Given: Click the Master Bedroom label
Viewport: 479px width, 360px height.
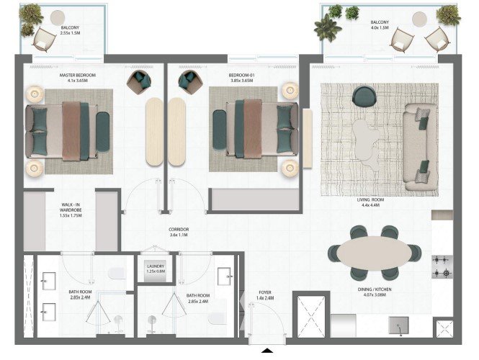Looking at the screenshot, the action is pyautogui.click(x=77, y=75).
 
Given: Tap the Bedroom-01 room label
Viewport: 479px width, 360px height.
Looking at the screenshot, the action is pyautogui.click(x=241, y=75).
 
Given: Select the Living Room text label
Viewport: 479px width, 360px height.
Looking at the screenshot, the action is pyautogui.click(x=370, y=199).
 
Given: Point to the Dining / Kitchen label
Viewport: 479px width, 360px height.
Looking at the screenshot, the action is pyautogui.click(x=375, y=289).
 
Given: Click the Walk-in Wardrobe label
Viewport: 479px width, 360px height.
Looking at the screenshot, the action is pyautogui.click(x=71, y=207).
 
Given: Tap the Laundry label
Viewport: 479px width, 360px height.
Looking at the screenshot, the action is pyautogui.click(x=156, y=266).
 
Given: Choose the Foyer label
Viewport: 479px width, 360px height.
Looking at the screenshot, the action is pyautogui.click(x=265, y=292).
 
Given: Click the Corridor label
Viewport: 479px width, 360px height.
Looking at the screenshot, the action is pyautogui.click(x=179, y=229).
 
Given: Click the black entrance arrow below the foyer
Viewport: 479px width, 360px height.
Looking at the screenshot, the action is pyautogui.click(x=267, y=351).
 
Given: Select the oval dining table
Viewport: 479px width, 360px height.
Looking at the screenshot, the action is pyautogui.click(x=375, y=253).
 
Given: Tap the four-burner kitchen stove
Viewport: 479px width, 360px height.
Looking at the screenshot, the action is pyautogui.click(x=442, y=267).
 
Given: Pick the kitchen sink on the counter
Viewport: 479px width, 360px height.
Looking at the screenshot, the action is pyautogui.click(x=398, y=325).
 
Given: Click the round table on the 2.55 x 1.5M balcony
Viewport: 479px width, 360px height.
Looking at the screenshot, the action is pyautogui.click(x=58, y=18).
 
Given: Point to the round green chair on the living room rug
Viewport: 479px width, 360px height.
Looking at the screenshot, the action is pyautogui.click(x=364, y=96).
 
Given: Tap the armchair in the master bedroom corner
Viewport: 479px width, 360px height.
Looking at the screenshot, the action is pyautogui.click(x=139, y=82).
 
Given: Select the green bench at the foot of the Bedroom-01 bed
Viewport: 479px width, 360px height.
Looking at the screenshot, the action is pyautogui.click(x=220, y=130).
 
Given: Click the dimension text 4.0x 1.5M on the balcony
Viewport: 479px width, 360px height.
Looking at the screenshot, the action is pyautogui.click(x=380, y=27).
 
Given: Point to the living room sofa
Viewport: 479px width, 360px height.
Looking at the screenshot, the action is pyautogui.click(x=419, y=147).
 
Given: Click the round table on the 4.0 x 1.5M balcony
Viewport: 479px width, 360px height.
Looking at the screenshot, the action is pyautogui.click(x=419, y=19).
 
